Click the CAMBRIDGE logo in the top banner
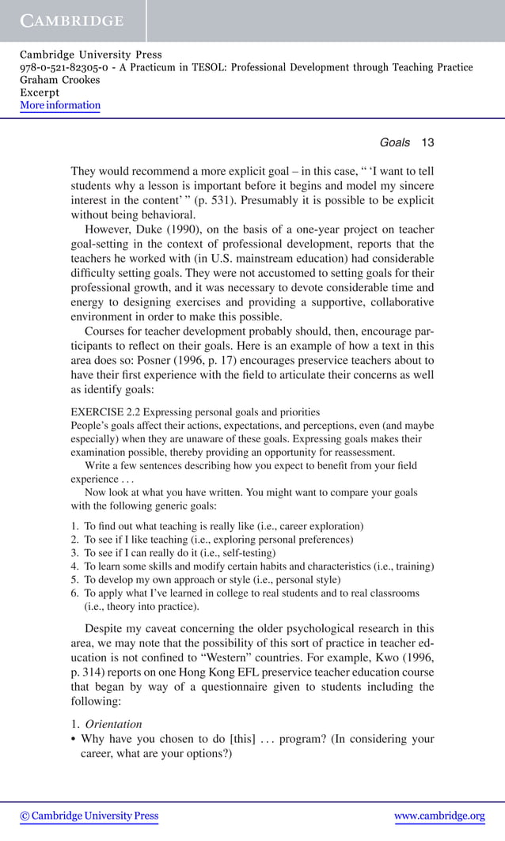(x=72, y=21)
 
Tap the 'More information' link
(x=60, y=105)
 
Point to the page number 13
(x=427, y=142)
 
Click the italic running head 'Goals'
(x=394, y=142)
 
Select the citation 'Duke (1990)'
(x=166, y=229)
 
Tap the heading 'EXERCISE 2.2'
(x=105, y=412)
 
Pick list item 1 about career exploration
(x=223, y=526)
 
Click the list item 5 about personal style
(x=206, y=580)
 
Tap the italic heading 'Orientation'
(x=114, y=724)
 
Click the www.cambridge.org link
(x=439, y=816)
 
